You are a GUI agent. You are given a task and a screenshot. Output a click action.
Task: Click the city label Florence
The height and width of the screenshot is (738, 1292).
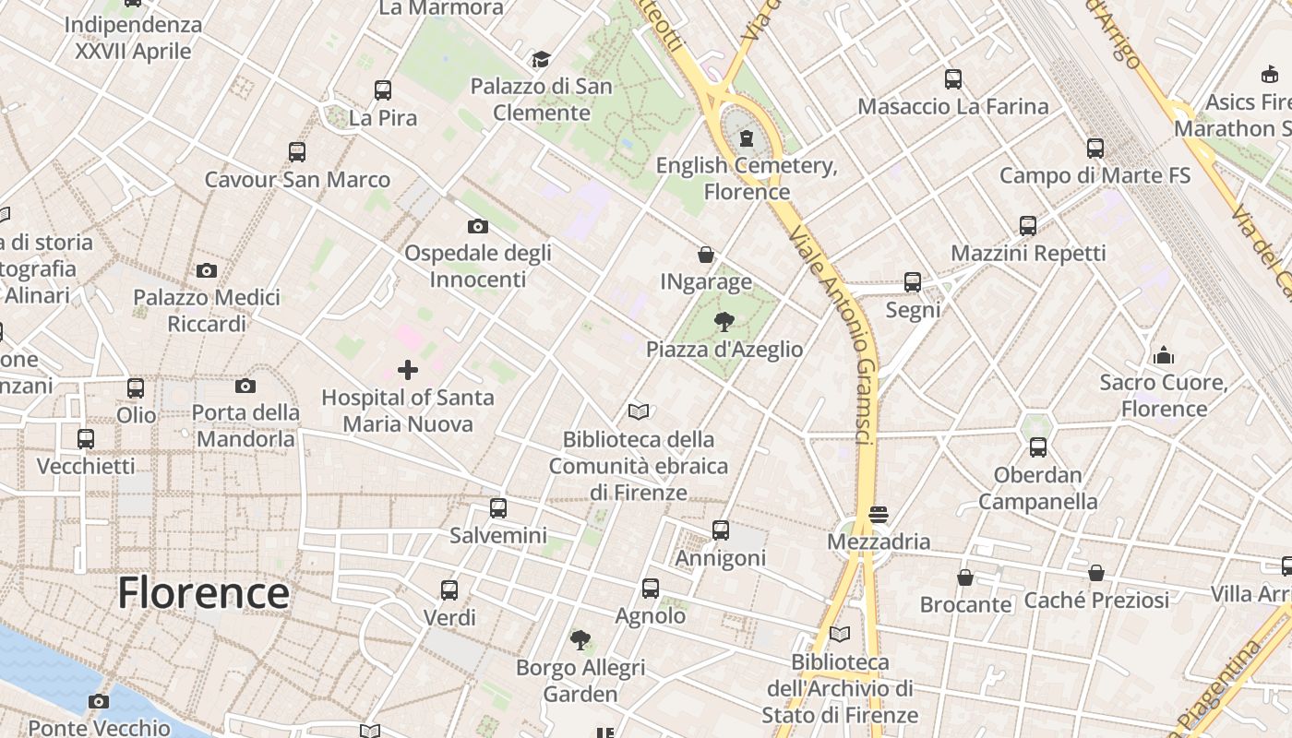coord(203,592)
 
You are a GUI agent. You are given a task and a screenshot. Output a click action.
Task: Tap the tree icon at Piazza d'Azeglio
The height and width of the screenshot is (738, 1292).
coord(724,322)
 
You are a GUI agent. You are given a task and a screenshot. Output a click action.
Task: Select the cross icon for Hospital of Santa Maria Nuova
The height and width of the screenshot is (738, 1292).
coord(407,370)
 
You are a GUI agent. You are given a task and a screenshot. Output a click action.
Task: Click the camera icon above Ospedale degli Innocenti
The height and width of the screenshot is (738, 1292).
coord(477,226)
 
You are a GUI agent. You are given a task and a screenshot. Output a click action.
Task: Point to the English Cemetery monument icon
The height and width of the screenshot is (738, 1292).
coord(746,139)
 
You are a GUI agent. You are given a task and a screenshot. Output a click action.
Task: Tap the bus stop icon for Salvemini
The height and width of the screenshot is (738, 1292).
coord(498,507)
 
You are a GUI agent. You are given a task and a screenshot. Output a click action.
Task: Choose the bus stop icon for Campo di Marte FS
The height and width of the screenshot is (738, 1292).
coord(1095,148)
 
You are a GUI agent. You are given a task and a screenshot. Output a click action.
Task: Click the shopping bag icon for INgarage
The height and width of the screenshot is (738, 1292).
coord(706,255)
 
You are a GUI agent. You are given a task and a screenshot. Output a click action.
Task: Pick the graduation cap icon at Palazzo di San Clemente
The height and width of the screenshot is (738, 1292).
coord(541,60)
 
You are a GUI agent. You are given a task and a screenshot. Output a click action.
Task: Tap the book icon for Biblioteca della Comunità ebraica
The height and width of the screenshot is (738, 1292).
coord(638,411)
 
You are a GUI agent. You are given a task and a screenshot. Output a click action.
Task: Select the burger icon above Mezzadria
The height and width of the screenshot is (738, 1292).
coord(878,514)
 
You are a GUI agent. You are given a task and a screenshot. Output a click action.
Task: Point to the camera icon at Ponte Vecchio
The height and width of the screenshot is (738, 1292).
coord(99,701)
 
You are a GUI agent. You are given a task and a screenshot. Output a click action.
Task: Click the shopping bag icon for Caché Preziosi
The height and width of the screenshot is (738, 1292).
coord(1095,573)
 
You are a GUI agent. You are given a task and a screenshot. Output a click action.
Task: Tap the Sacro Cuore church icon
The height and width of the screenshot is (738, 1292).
coord(1163,355)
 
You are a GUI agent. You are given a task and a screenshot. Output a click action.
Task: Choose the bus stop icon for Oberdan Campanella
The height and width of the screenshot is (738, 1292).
coord(1038,447)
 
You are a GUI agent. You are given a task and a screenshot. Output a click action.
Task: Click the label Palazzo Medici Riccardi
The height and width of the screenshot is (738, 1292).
coord(207,311)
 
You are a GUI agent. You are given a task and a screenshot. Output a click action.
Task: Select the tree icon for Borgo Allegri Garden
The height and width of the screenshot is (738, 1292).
coord(580,639)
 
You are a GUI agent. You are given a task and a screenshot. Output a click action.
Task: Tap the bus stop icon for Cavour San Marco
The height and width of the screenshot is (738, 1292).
coord(296,152)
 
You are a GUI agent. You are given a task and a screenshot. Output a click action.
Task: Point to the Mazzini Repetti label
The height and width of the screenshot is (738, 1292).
coord(1028,253)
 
